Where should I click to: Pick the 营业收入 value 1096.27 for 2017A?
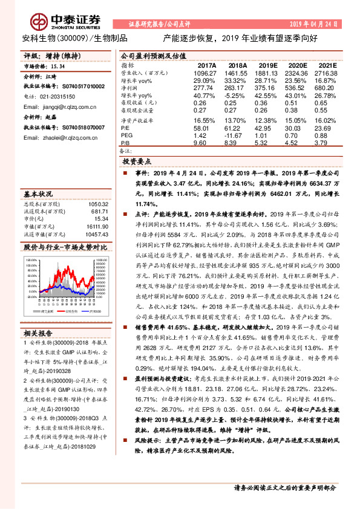(x=203, y=72)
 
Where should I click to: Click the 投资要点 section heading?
(x=137, y=163)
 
